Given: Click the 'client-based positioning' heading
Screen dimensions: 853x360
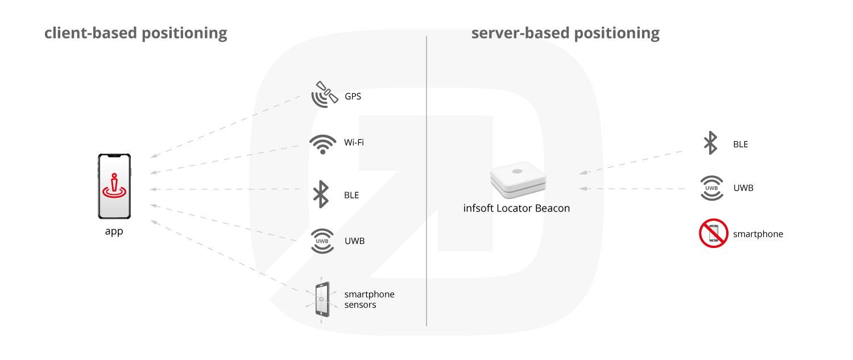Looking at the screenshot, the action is point(135,34).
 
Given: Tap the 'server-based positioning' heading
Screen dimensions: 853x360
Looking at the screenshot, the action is point(565,34).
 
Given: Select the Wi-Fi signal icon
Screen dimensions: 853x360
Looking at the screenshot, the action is point(323,144).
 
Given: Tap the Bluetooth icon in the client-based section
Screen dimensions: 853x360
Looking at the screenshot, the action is point(321,195).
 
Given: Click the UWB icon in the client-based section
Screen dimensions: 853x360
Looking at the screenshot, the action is point(322,241).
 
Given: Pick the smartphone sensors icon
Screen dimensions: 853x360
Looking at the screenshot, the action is point(322,300).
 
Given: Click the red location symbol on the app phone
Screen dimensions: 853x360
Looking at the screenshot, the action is point(114,186).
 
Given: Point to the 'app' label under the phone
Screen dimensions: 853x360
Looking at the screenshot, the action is point(114,231).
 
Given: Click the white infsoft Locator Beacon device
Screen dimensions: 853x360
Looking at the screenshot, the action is point(518,179).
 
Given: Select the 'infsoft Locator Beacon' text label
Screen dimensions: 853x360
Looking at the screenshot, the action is point(516,208).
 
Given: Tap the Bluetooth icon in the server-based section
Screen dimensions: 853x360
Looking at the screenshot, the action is point(711,143).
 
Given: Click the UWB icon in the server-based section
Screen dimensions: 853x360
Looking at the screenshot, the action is point(712,188).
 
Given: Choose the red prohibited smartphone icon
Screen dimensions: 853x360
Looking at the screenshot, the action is point(714,233).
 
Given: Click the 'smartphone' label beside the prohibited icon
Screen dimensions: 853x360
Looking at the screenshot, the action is point(758,234).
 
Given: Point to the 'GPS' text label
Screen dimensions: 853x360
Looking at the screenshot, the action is point(353,96).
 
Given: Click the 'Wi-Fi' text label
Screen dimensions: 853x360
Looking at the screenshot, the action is point(354,143).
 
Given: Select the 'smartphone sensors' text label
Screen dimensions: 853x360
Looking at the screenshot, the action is point(370,299).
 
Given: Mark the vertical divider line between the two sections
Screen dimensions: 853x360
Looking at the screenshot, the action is point(426,181).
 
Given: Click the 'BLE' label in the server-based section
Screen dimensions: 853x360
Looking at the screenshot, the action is point(740,144).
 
